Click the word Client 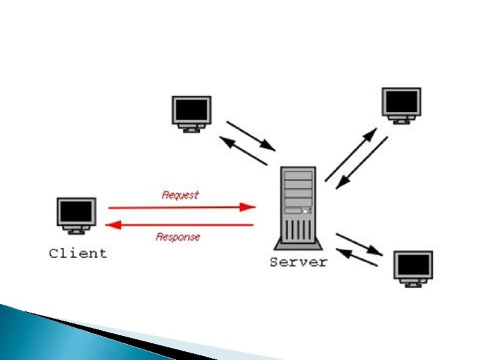(x=78, y=253)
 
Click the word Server (x=299, y=262)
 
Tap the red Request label (x=180, y=195)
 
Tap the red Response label (x=178, y=237)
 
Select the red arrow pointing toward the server (x=181, y=207)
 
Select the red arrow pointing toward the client (x=180, y=225)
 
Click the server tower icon (x=298, y=205)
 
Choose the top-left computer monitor (x=191, y=113)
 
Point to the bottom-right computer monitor (x=413, y=268)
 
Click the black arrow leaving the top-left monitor (x=251, y=135)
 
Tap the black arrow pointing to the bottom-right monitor (x=359, y=244)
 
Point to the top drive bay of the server (x=298, y=176)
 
